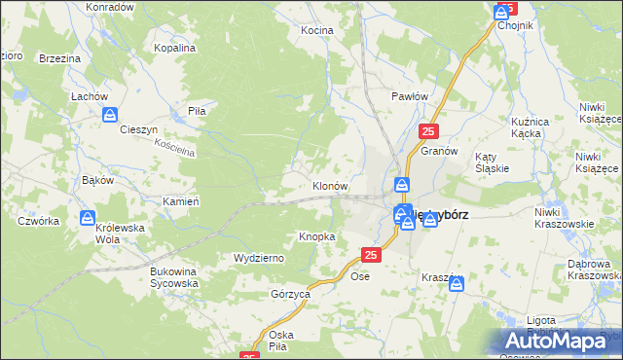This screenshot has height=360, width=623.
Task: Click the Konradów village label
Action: click(110, 7)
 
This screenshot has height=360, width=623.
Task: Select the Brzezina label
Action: click(59, 58)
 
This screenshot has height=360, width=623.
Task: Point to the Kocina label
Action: click(316, 30)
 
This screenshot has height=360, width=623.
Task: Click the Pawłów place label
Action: click(410, 96)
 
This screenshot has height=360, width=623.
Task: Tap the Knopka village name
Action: click(317, 236)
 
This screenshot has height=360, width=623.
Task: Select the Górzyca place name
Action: click(290, 293)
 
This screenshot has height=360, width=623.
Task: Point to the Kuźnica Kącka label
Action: click(538, 126)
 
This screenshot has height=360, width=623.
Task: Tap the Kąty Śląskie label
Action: click(493, 162)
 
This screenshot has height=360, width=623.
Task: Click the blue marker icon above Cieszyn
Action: click(110, 114)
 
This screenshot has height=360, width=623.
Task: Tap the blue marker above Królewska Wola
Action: click(88, 218)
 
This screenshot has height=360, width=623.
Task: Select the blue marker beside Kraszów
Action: click(457, 284)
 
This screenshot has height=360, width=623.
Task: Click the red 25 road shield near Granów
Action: click(429, 131)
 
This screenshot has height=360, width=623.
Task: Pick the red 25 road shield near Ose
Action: click(370, 255)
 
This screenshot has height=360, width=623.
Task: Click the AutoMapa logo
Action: click(558, 341)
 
